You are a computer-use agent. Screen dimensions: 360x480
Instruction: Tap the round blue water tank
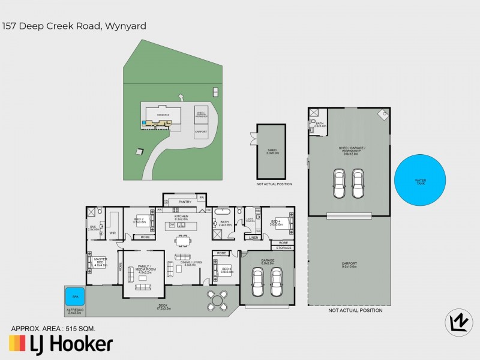coord(421,180)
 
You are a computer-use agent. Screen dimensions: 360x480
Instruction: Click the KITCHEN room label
coord(181,217)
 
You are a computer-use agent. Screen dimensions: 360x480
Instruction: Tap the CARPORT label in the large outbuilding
coord(349,263)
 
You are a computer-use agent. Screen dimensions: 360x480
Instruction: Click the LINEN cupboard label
coord(253,238)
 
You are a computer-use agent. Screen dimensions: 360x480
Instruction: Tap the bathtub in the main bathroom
coord(223,212)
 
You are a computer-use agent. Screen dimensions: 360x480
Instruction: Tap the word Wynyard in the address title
coord(125,26)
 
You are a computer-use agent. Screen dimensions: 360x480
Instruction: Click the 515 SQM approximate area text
coord(81,328)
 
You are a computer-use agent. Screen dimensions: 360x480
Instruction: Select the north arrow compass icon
coord(457,322)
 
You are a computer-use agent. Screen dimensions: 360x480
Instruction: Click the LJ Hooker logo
coord(60,344)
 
